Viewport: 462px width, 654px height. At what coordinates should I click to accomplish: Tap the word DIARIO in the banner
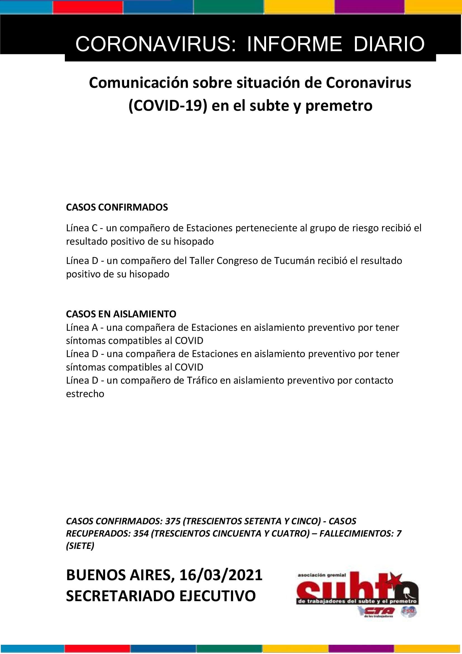[x=389, y=44]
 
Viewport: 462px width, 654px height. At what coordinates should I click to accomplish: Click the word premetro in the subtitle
[x=339, y=106]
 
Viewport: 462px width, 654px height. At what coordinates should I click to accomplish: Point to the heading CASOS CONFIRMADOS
[x=117, y=207]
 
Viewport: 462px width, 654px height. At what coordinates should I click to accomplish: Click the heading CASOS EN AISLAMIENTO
[x=121, y=314]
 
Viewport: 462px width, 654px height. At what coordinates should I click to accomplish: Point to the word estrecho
[x=85, y=394]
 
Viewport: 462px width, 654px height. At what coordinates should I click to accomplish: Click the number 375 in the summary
[x=173, y=521]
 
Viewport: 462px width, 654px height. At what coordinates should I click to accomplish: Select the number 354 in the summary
[x=141, y=533]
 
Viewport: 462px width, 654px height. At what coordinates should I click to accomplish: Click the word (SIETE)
[x=80, y=546]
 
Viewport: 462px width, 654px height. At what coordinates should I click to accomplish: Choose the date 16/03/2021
[x=221, y=575]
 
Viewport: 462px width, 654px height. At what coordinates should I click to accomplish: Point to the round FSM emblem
[x=409, y=611]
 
